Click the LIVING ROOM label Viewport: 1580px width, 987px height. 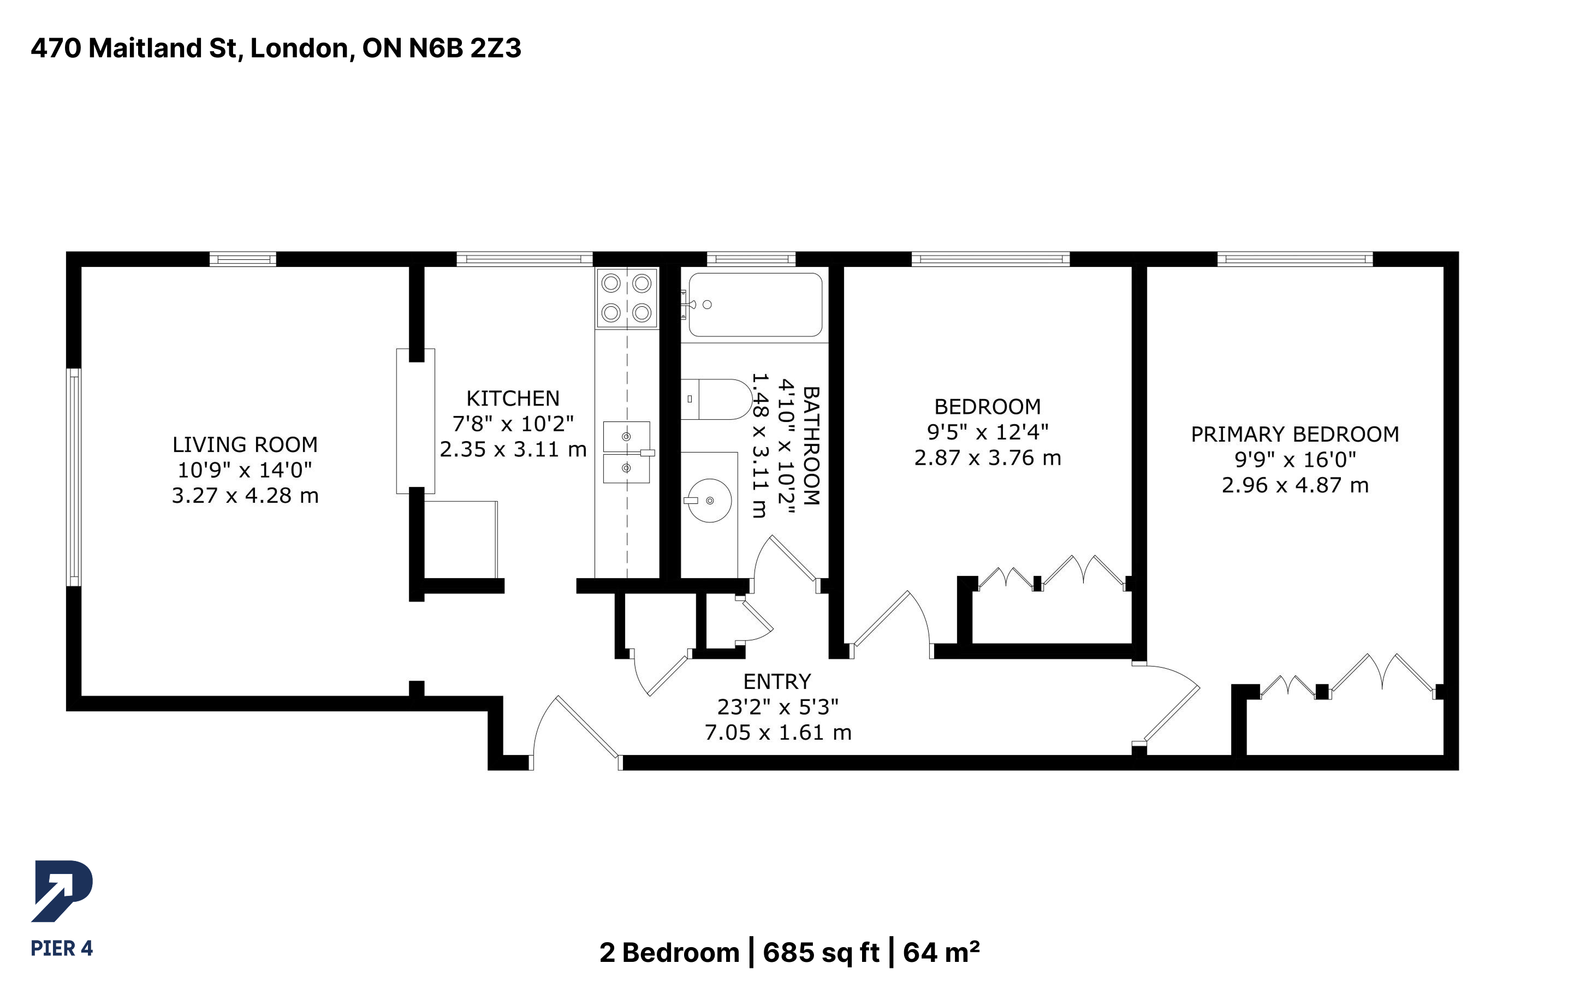click(245, 444)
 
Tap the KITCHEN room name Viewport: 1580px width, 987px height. click(513, 398)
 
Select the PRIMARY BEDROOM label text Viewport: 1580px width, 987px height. click(1295, 434)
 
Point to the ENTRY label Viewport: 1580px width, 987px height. click(776, 681)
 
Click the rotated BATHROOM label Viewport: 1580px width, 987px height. click(811, 446)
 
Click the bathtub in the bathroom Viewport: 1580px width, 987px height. click(755, 305)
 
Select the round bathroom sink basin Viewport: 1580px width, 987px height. click(709, 501)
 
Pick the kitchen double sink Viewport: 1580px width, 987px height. click(627, 453)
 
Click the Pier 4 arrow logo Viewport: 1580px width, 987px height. click(62, 891)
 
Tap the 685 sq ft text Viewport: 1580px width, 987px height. click(821, 953)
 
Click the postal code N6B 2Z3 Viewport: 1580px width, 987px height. click(465, 48)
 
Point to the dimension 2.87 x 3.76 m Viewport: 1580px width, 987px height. click(988, 458)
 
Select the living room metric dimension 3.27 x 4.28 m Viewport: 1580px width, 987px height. click(245, 496)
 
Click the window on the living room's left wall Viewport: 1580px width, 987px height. click(74, 477)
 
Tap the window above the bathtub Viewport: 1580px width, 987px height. click(751, 259)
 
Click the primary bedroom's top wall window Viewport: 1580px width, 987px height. click(1295, 259)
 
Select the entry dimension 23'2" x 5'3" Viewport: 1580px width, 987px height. click(777, 707)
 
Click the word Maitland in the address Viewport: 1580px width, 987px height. click(145, 48)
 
